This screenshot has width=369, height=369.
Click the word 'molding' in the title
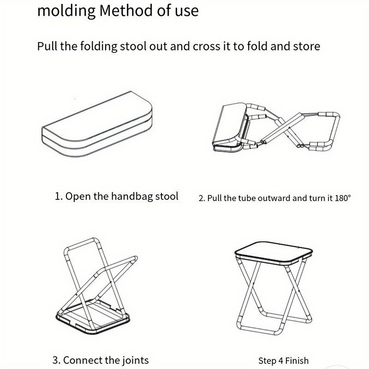pos(66,11)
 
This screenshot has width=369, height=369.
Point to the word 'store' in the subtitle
pos(307,46)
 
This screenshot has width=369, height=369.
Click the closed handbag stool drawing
pos(97,124)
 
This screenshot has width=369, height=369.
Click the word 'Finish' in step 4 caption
pos(297,361)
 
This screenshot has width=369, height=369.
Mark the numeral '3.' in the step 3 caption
pos(57,360)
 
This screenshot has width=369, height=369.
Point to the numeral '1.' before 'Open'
pos(59,196)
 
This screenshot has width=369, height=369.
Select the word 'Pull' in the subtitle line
pos(47,46)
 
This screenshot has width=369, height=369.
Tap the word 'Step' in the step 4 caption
pos(268,361)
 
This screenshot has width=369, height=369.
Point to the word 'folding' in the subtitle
pos(99,47)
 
